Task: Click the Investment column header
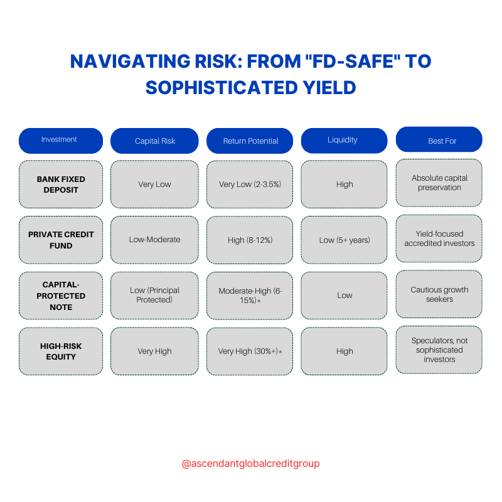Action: (x=60, y=141)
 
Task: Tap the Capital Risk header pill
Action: (x=154, y=141)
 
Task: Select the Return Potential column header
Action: (x=250, y=141)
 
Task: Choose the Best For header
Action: (x=439, y=140)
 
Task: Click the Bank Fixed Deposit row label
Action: (x=61, y=184)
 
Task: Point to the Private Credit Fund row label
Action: (x=61, y=240)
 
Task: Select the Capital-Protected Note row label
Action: (x=61, y=296)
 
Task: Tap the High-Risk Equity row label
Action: (x=61, y=351)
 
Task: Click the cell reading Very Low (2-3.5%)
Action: (x=250, y=184)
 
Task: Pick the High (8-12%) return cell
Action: (x=250, y=240)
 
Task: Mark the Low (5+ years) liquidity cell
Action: (x=344, y=240)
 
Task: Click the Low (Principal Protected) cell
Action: (x=154, y=295)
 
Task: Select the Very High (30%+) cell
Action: (x=250, y=351)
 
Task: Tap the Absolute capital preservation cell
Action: (x=439, y=183)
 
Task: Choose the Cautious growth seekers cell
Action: (x=439, y=294)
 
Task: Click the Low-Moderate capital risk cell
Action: (x=154, y=240)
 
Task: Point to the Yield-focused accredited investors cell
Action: (x=439, y=238)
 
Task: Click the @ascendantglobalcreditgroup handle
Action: (x=250, y=464)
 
